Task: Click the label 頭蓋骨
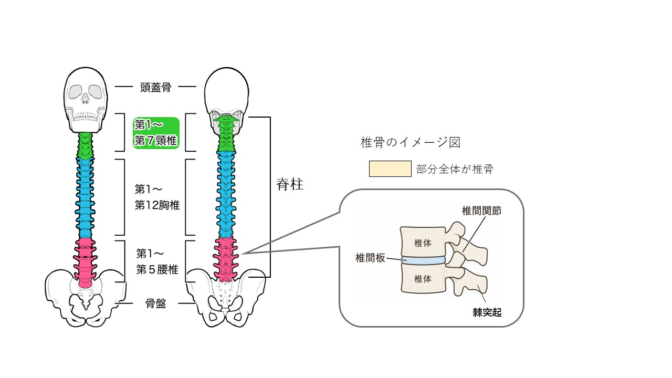click(x=155, y=87)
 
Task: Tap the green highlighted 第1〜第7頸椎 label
click(x=156, y=133)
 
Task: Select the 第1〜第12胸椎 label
click(x=157, y=197)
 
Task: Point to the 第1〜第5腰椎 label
click(x=157, y=261)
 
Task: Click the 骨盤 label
click(x=155, y=303)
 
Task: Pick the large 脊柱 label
click(x=290, y=184)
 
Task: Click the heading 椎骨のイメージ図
click(x=411, y=142)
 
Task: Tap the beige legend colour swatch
click(x=390, y=169)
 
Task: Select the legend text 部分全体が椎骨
click(x=455, y=169)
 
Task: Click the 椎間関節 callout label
click(x=481, y=211)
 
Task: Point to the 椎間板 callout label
click(x=370, y=258)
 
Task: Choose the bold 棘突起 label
click(x=487, y=312)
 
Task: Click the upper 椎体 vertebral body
click(x=423, y=243)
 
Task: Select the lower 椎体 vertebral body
click(x=423, y=279)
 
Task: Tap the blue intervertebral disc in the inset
click(x=423, y=260)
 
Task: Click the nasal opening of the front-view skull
click(x=86, y=98)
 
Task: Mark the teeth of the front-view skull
click(x=86, y=117)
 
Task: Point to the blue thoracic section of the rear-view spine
click(x=226, y=195)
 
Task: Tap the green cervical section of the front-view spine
click(x=86, y=146)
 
